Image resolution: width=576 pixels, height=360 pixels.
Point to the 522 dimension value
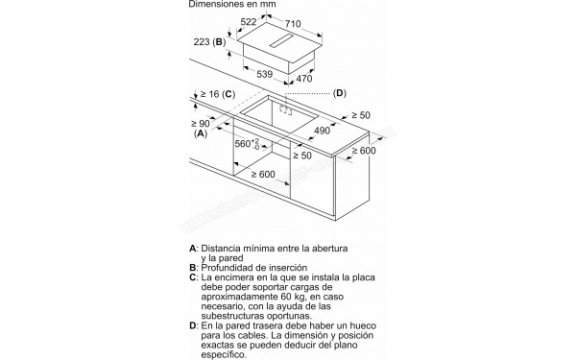point(250,22)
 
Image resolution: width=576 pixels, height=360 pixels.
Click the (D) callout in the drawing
point(339,93)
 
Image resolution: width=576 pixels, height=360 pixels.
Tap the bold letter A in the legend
point(194,249)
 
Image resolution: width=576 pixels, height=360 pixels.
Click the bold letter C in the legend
point(194,276)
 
